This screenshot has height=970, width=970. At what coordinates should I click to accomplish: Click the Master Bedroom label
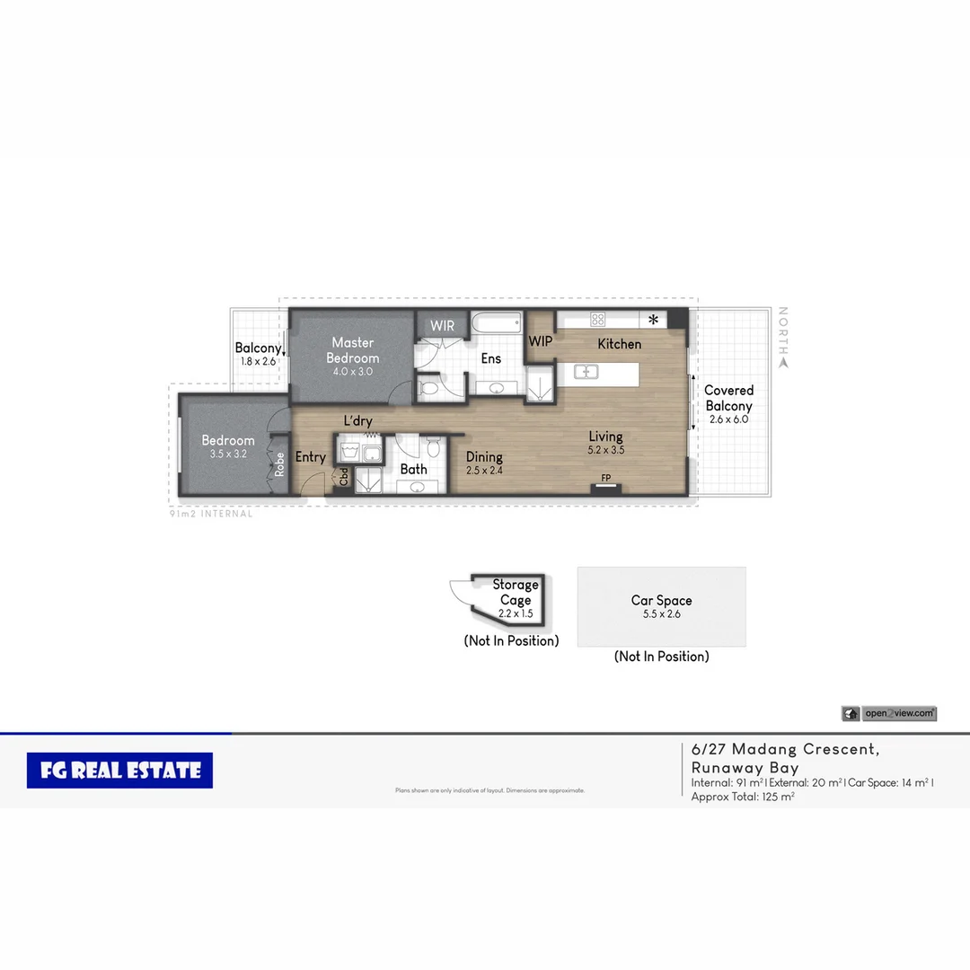coord(352,350)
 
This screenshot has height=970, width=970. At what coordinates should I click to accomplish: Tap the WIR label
coord(442,326)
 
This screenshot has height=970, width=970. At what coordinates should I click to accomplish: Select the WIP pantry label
coord(540,341)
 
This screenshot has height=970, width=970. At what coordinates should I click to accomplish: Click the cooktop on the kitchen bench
coord(597,319)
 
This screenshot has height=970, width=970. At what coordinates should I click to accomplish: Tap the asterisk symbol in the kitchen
coord(653,320)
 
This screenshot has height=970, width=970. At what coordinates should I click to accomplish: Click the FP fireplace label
coord(605,478)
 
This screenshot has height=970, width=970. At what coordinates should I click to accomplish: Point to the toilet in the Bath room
coord(432,446)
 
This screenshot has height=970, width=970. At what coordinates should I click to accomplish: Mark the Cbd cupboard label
coord(344,477)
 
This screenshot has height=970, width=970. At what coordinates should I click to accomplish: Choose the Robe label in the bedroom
coord(280,463)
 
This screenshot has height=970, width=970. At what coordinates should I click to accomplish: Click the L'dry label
coord(357,421)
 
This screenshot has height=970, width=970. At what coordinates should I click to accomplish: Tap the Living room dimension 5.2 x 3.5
coord(605,450)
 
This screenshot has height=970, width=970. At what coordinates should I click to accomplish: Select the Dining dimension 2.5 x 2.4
coord(484,470)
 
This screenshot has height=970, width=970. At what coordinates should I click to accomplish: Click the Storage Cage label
coord(515,593)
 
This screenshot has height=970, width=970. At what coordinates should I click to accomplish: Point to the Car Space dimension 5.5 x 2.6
coord(661,614)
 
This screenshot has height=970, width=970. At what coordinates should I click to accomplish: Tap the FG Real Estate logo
coord(119,771)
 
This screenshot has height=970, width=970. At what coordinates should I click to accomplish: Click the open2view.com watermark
coord(898,713)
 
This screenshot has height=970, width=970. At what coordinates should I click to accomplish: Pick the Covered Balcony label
coord(728,398)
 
